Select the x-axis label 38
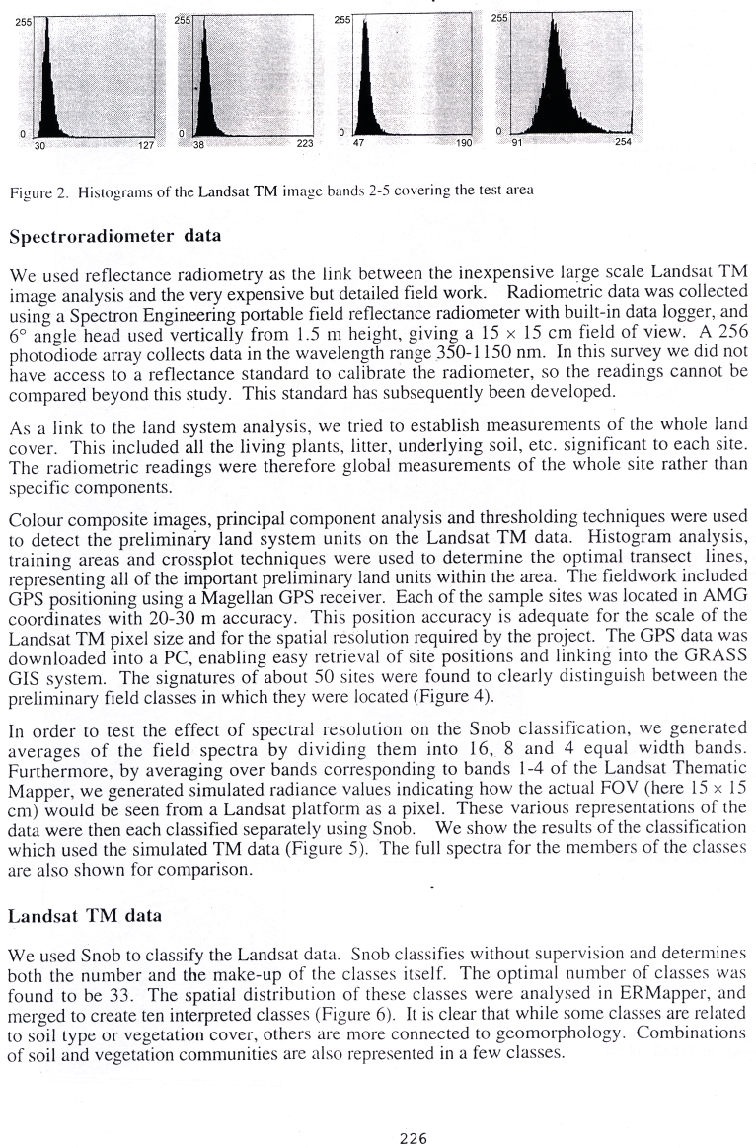click(197, 145)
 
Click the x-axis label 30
click(40, 145)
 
